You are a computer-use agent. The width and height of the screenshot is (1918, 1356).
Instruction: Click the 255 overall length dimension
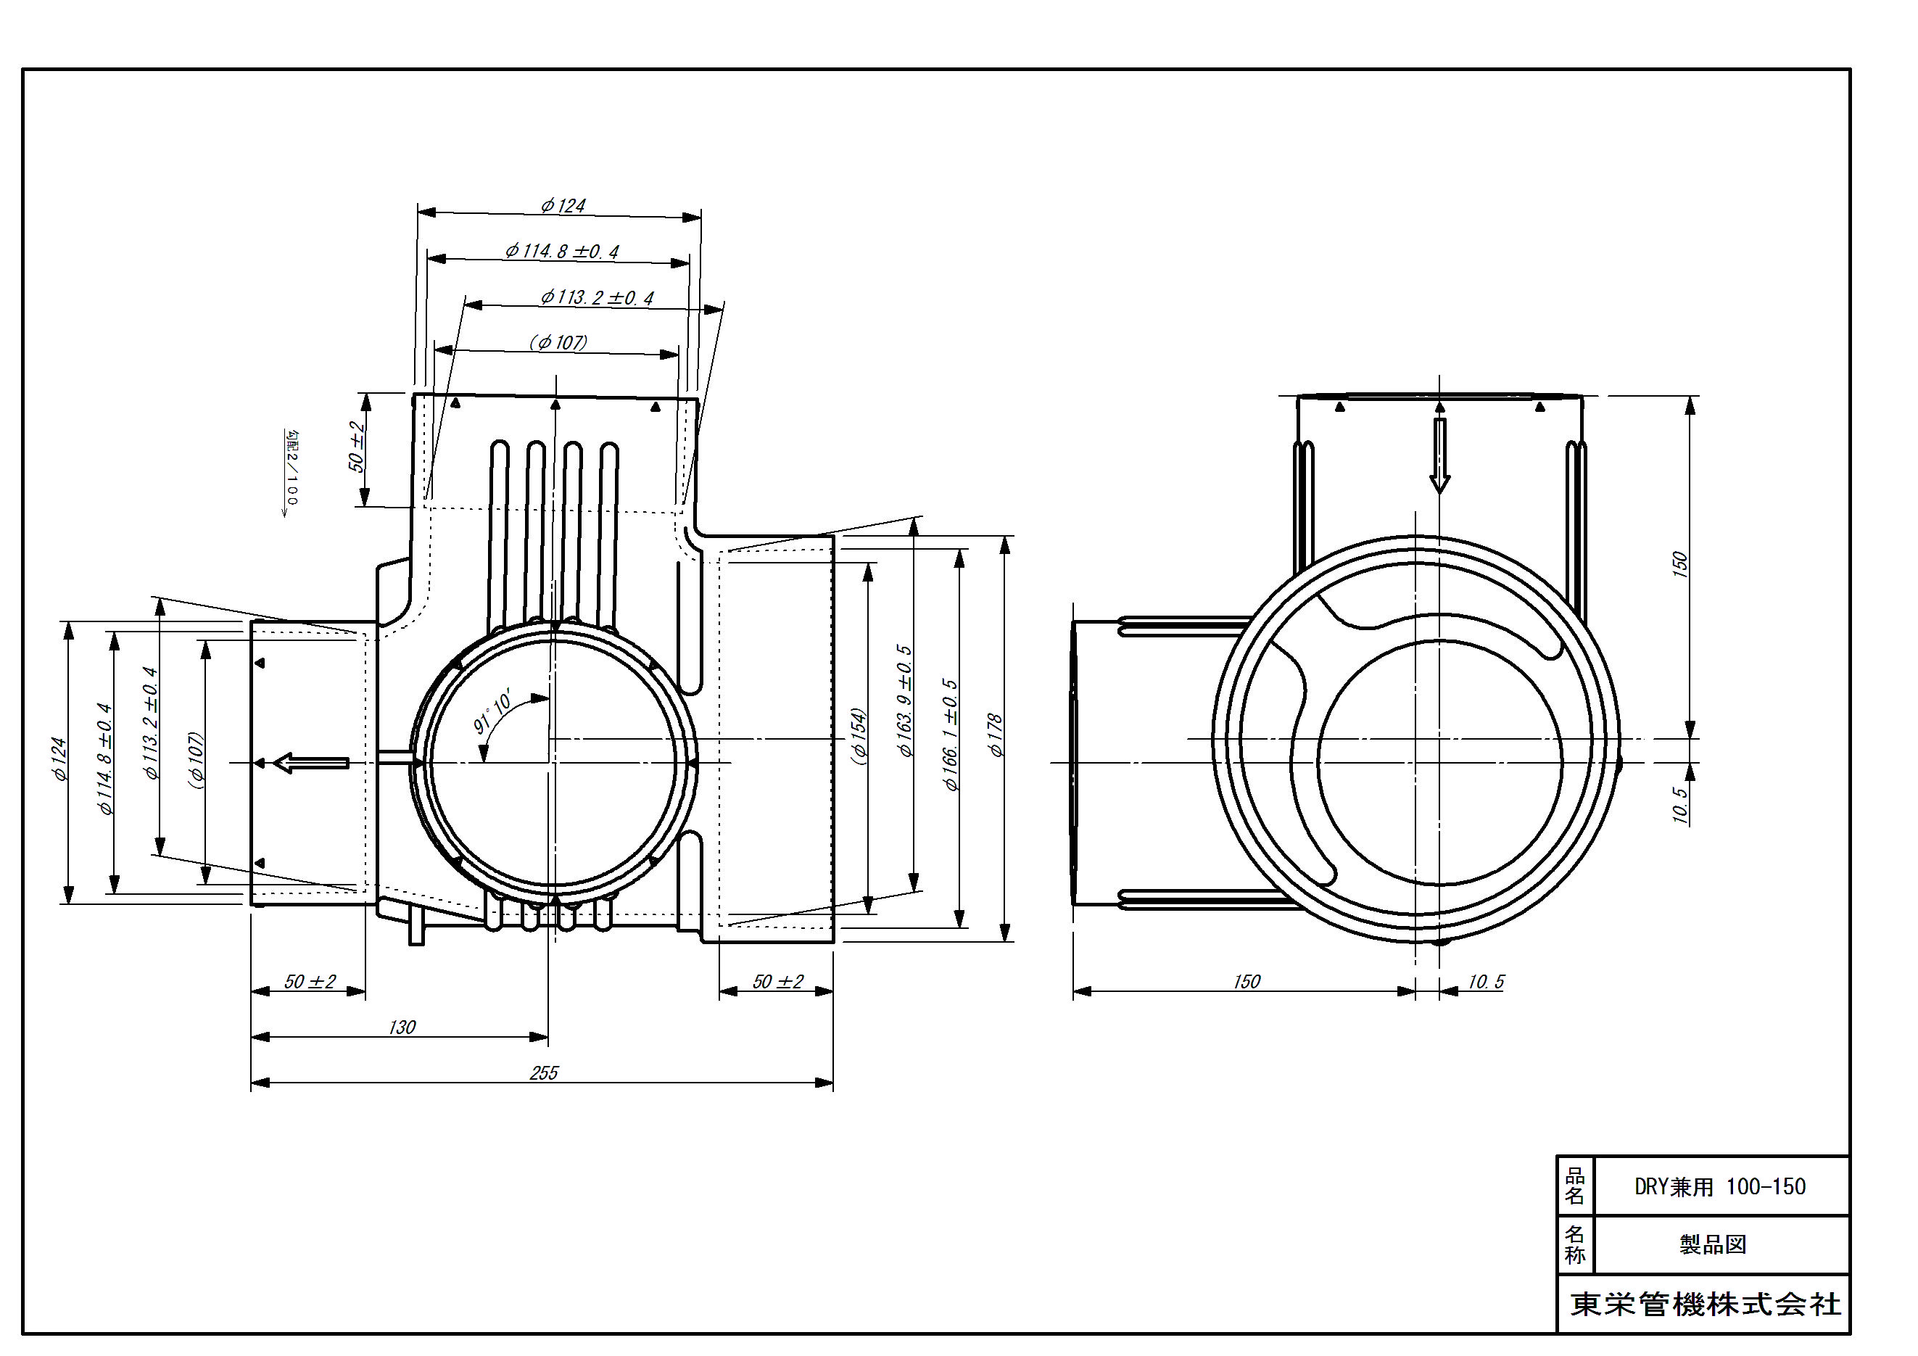(544, 1072)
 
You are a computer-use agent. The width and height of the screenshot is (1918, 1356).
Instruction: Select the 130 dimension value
(402, 1027)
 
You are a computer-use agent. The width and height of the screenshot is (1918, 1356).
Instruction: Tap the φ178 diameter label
(995, 735)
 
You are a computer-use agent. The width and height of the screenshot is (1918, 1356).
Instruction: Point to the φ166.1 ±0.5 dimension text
(950, 735)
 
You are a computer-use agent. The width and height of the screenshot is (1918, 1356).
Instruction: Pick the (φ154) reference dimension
(859, 736)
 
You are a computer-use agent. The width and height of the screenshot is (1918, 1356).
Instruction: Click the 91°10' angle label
(495, 713)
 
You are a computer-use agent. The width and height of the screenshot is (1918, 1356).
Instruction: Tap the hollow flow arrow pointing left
(311, 763)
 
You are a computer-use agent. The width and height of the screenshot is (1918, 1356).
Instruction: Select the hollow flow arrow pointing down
(1439, 455)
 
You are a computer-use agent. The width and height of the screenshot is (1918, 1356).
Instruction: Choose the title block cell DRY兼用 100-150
(1720, 1187)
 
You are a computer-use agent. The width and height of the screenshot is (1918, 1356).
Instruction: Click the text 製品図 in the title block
(1714, 1245)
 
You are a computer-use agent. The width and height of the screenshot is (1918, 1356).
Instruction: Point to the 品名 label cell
(1575, 1186)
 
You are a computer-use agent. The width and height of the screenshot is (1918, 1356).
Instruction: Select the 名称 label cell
(1575, 1245)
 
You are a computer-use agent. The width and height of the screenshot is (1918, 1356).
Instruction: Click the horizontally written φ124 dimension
(563, 205)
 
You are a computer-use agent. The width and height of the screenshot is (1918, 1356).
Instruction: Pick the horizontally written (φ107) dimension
(558, 342)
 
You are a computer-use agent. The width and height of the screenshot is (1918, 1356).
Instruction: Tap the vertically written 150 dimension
(1681, 563)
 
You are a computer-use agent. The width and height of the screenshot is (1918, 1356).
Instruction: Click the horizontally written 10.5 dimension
(1486, 982)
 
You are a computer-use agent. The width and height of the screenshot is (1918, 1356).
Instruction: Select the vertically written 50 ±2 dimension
(357, 447)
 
